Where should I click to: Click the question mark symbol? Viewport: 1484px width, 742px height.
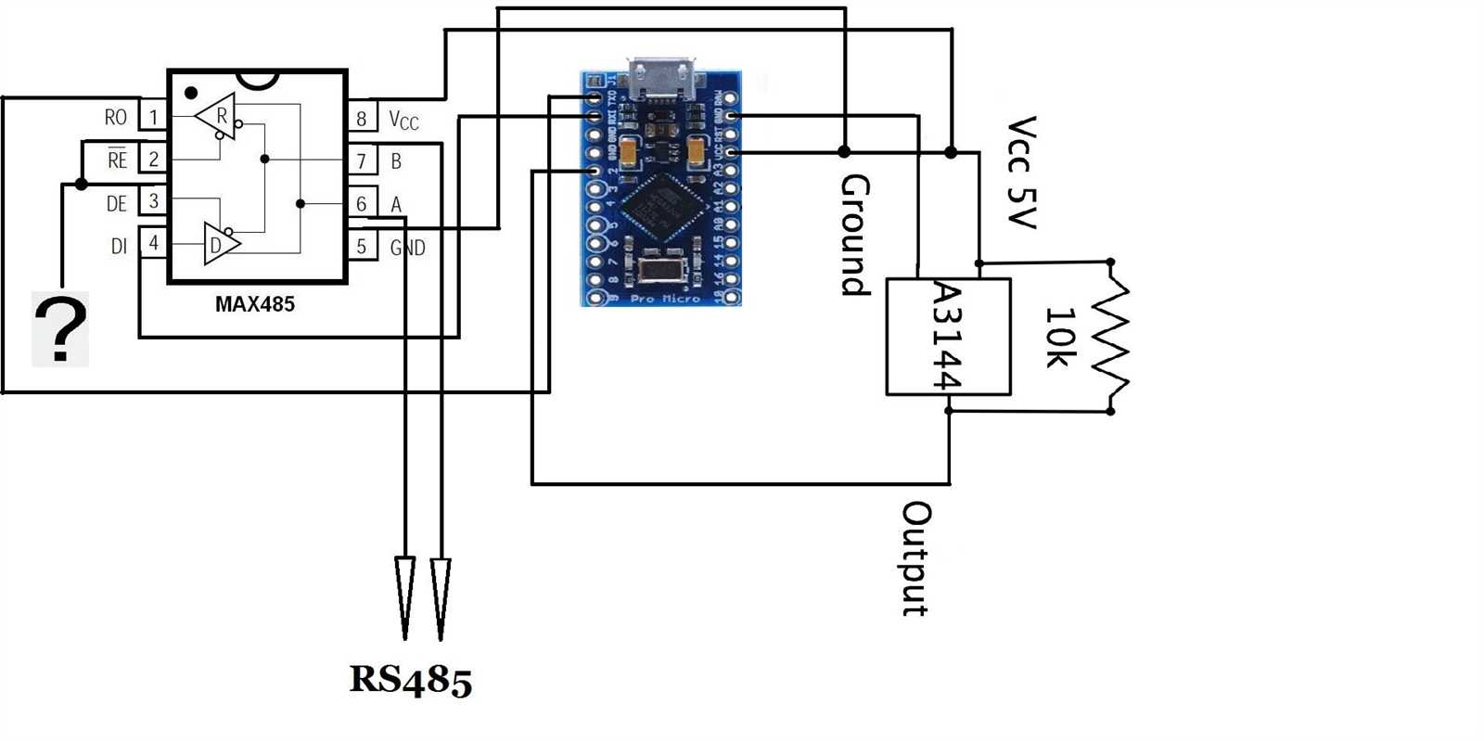[x=60, y=329]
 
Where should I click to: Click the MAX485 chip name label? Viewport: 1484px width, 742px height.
[x=254, y=304]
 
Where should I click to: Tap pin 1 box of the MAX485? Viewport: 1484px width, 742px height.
[x=153, y=117]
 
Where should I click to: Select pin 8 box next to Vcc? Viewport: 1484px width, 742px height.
[x=362, y=118]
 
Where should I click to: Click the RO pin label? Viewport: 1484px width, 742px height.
[x=115, y=118]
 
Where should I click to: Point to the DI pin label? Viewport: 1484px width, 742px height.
[x=119, y=246]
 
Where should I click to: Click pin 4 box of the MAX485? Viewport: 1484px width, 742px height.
[x=153, y=244]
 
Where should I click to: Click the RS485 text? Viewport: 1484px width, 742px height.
[x=410, y=680]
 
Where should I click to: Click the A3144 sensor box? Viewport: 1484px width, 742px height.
[x=948, y=337]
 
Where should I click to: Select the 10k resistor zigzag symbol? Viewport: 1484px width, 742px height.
[x=1111, y=337]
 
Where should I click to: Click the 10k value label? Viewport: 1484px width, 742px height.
[x=1060, y=337]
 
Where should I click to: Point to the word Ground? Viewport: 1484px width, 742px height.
[x=854, y=235]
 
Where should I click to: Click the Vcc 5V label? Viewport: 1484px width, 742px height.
[x=1021, y=173]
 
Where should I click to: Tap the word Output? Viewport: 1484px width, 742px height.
[x=916, y=559]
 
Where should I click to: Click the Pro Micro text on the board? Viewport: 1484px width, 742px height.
[x=664, y=299]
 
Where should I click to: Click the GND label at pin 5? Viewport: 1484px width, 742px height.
[x=407, y=248]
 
